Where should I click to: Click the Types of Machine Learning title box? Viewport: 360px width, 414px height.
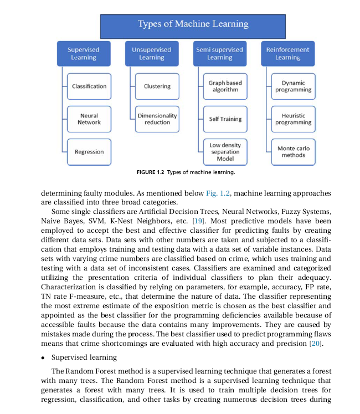(x=193, y=24)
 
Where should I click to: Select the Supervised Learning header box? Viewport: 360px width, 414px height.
(x=83, y=54)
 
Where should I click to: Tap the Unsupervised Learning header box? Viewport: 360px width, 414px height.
(x=151, y=54)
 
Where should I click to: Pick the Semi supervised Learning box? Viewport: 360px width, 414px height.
(x=219, y=54)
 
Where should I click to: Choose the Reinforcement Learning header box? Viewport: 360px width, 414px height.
(x=287, y=54)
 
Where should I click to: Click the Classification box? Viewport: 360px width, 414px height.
(x=89, y=86)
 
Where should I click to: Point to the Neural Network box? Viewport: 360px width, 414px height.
(x=89, y=119)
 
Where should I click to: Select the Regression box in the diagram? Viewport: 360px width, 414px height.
(x=89, y=152)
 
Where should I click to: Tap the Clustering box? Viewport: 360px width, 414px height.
(x=157, y=86)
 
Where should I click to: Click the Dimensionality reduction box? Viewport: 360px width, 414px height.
(x=157, y=119)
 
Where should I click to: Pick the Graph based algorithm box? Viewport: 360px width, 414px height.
(x=225, y=86)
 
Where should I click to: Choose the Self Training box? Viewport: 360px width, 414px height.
(x=225, y=119)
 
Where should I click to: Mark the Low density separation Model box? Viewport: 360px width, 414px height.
(x=225, y=152)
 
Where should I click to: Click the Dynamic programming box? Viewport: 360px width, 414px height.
(x=294, y=86)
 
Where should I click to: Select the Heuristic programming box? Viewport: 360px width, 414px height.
(x=294, y=119)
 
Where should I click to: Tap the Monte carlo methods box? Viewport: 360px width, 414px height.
(x=294, y=152)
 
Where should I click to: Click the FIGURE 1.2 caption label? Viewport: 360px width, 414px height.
(x=150, y=172)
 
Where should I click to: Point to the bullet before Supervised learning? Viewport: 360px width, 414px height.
(x=44, y=357)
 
